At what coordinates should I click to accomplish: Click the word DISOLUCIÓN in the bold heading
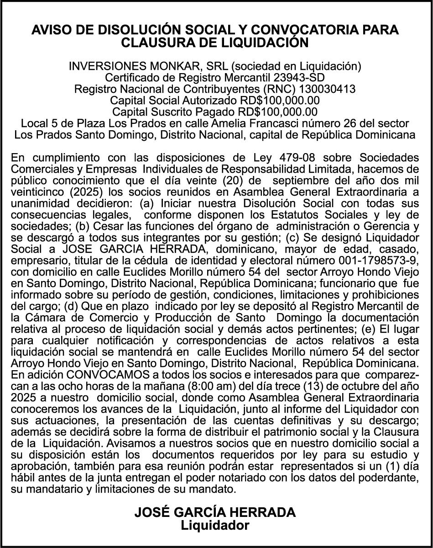(122, 30)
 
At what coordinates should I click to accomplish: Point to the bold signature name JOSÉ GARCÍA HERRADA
(215, 512)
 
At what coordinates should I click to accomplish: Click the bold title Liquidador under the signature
(215, 525)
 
